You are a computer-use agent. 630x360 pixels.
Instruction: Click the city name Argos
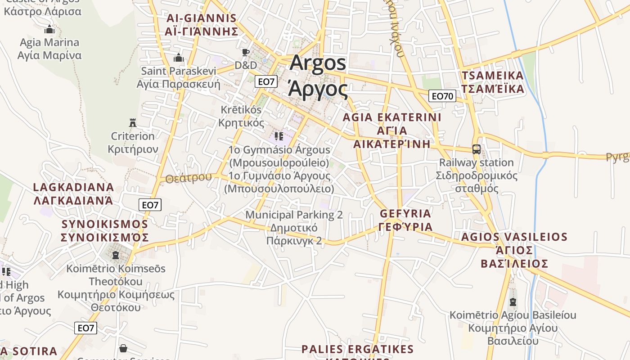coord(318,63)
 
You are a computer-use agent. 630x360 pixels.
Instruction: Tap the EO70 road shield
coord(443,96)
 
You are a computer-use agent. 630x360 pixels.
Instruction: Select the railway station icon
coord(476,149)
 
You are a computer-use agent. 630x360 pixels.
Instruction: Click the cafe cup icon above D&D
coord(245,53)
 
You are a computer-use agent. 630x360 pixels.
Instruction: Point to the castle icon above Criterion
coord(132,123)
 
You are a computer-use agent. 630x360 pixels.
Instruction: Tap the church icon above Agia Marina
coord(49,30)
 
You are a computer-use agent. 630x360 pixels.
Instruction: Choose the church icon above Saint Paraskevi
coord(179,58)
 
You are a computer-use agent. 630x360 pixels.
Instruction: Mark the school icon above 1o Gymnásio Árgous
coord(279,136)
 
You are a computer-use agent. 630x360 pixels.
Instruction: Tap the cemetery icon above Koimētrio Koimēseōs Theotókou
coord(116,256)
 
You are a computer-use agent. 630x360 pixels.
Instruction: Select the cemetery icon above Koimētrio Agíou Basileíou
coord(513,302)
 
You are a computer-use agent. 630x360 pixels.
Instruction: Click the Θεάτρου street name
coord(188,178)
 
